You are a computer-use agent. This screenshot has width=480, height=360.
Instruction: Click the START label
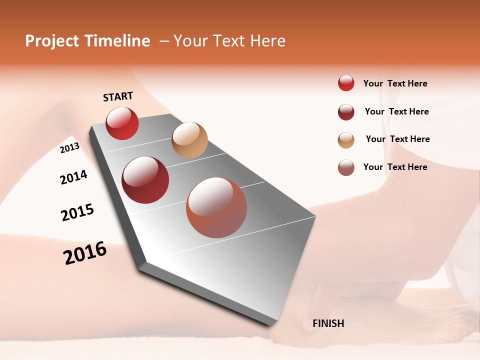118,96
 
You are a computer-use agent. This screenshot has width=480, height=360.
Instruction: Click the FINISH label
328,323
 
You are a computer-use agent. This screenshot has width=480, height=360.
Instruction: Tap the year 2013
69,148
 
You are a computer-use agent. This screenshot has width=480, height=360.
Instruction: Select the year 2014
73,177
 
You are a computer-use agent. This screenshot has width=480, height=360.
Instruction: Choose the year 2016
85,253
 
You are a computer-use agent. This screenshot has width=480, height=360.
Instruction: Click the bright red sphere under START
122,123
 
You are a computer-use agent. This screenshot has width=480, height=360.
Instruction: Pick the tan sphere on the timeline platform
189,140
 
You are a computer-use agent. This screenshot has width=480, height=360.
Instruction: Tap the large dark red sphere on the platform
145,180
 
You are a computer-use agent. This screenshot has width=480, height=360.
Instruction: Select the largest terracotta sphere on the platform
216,207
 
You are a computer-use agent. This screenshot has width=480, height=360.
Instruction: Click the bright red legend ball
346,83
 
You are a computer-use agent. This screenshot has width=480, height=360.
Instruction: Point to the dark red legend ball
346,112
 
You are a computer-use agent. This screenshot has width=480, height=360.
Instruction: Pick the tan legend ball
346,140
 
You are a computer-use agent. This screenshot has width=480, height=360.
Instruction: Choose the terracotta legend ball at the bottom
346,167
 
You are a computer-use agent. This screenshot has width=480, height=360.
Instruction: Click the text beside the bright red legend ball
395,84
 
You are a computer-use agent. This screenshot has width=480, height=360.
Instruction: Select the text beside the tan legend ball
397,139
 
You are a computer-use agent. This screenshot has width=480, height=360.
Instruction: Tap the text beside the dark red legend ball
396,111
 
